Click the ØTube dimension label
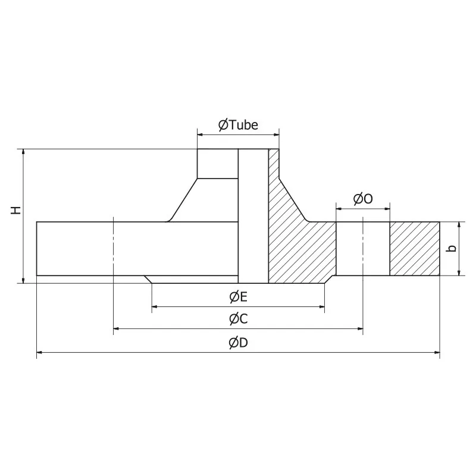click(x=238, y=125)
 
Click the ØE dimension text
click(x=238, y=296)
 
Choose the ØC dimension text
click(x=238, y=319)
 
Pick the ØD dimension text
click(x=238, y=342)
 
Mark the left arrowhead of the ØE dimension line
click(x=155, y=307)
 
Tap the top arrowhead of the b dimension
click(x=460, y=225)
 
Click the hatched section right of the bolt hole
click(x=415, y=249)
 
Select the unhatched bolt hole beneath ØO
click(x=363, y=249)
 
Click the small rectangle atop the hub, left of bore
click(x=218, y=163)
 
